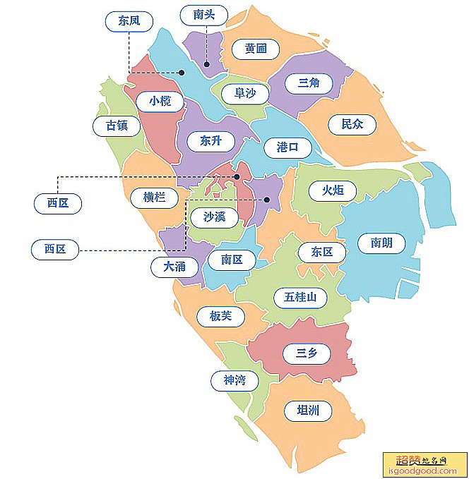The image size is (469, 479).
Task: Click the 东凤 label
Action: coord(129,21)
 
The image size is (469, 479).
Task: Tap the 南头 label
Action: coord(204,14)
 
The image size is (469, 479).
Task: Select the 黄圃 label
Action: coord(256,48)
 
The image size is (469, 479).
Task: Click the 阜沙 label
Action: coord(245,93)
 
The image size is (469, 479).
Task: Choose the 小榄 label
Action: coord(160,101)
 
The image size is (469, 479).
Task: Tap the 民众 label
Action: coord(352,124)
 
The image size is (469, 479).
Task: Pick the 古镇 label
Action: coord(117,126)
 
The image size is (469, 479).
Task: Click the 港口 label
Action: coord(287,147)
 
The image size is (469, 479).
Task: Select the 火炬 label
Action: coord(333,190)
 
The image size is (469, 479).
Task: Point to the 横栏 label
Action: coord(154,198)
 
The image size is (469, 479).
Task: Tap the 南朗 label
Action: coord(381,243)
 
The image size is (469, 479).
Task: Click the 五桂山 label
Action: coord(305,297)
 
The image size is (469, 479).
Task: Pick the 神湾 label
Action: coord(234,381)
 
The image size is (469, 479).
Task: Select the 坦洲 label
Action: coord(308,410)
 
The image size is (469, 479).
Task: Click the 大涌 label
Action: coord(174,267)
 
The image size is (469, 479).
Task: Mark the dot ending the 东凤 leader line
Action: coord(182,72)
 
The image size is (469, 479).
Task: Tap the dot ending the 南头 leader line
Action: coord(207,65)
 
